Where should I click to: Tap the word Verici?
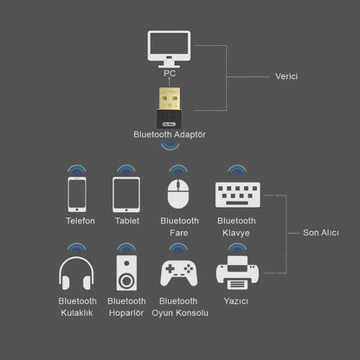[288, 77]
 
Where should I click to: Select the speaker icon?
[126, 272]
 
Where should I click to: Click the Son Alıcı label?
[321, 232]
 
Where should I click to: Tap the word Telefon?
[80, 221]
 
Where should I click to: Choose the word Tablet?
[127, 221]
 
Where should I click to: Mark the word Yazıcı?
[235, 300]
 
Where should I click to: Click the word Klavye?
[235, 233]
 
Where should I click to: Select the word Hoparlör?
[126, 312]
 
